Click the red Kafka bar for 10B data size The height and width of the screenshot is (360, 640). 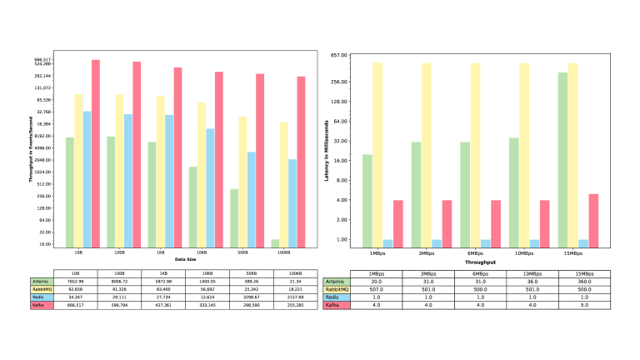pyautogui.click(x=96, y=153)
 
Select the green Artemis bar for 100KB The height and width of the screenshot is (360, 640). pyautogui.click(x=274, y=242)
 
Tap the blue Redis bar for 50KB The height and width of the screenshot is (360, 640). pyautogui.click(x=251, y=198)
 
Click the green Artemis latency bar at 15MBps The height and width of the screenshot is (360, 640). pyautogui.click(x=562, y=160)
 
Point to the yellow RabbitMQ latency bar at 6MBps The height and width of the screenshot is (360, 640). pyautogui.click(x=475, y=155)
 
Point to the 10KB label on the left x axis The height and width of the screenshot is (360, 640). pyautogui.click(x=201, y=252)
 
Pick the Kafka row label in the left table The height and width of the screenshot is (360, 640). pyautogui.click(x=40, y=305)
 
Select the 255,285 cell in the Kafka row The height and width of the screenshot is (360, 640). pyautogui.click(x=295, y=305)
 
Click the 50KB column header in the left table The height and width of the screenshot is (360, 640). pyautogui.click(x=251, y=273)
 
